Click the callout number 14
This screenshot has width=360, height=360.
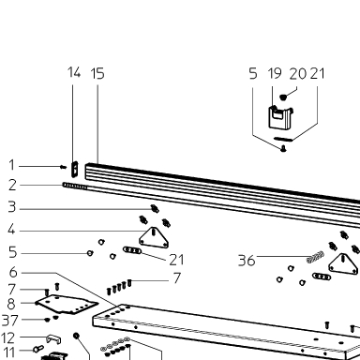coord(74,72)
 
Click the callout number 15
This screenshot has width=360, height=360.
coord(97,74)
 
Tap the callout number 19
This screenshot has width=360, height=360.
coord(275,74)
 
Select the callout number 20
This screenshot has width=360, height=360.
coord(297,74)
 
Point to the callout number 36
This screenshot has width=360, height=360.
coord(247,261)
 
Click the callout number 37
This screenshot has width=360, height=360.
coord(9,321)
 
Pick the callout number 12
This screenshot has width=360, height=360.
coord(8,337)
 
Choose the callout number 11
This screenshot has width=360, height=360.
coord(9,352)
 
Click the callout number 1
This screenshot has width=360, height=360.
coord(12,165)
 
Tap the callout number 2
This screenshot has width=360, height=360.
coord(12,185)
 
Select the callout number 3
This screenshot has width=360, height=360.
coord(12,207)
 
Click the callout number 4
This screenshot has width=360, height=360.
coord(11,230)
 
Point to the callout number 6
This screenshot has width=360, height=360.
coord(13,272)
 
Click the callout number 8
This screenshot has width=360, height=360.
coord(11,304)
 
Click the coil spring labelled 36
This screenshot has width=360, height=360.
coord(315,257)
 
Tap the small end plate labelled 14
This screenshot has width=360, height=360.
coord(75,169)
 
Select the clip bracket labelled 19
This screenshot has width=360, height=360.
coord(280,117)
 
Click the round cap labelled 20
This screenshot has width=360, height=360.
coord(283,97)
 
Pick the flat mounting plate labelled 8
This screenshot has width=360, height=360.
coord(67,304)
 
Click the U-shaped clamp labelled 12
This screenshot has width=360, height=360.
coord(53,338)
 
